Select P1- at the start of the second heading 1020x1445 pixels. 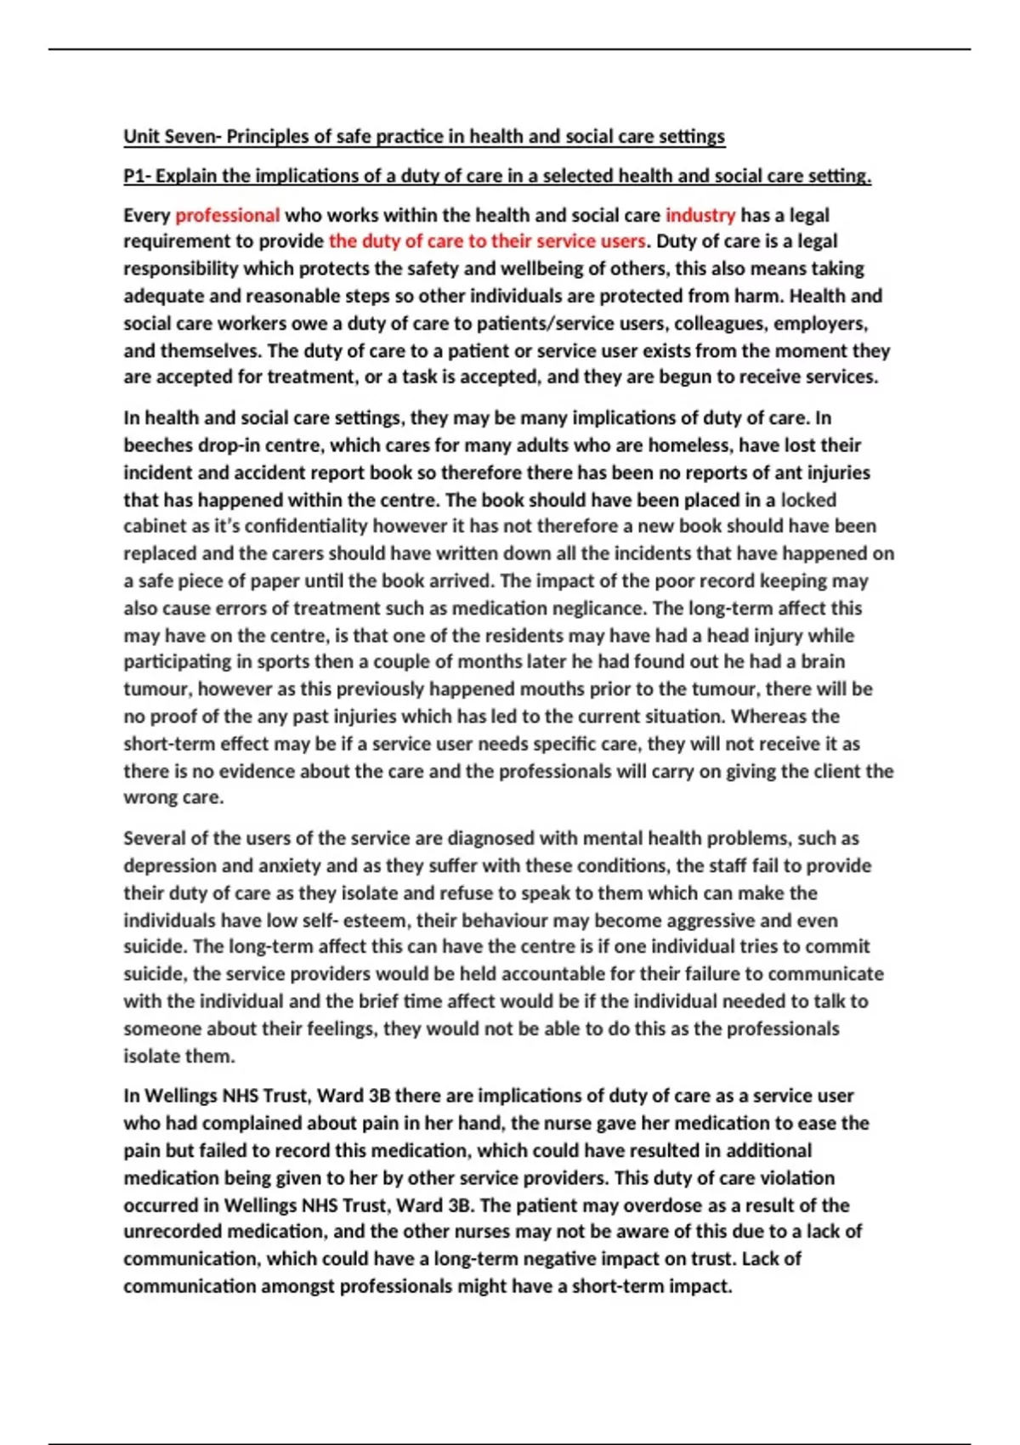[x=137, y=176]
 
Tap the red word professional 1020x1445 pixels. [x=227, y=215]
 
